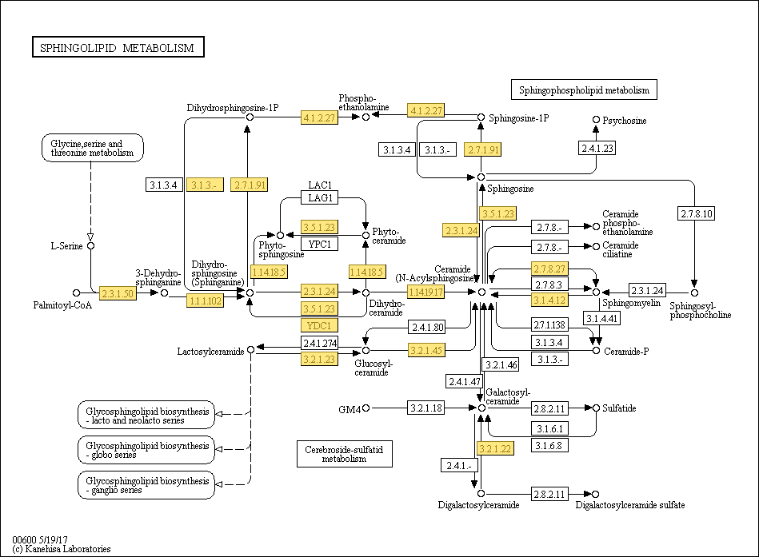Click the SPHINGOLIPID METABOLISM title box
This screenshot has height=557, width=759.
point(118,47)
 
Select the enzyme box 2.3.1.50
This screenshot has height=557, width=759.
point(118,293)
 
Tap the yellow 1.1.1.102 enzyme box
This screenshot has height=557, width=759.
point(206,300)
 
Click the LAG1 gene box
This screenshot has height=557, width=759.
point(319,197)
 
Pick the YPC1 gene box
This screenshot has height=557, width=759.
point(319,244)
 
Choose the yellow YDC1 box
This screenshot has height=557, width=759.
point(319,325)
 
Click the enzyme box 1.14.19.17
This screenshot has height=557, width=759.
point(426,292)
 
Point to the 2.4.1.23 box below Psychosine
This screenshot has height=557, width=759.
point(597,149)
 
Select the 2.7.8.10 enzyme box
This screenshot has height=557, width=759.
point(697,213)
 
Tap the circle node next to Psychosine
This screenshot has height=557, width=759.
point(597,119)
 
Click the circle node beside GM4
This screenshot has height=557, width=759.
point(366,408)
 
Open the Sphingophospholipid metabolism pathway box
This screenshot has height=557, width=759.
point(584,90)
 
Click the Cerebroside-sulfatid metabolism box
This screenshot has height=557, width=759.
point(344,454)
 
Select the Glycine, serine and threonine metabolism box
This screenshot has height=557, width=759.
point(93,148)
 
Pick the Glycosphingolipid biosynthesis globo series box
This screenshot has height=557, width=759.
point(146,450)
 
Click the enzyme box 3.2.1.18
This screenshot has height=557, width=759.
point(426,408)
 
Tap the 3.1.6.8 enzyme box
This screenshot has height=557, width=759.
point(549,445)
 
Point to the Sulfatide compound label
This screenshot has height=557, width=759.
point(619,408)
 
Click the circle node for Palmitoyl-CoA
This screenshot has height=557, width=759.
point(76,293)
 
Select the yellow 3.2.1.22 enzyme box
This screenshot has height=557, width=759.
point(495,448)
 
